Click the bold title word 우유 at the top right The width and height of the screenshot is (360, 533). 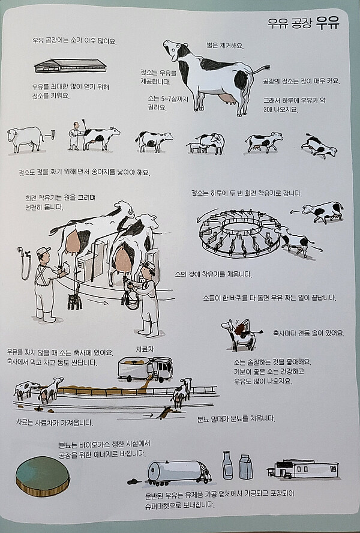[328, 23]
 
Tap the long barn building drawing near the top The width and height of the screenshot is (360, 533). [70, 66]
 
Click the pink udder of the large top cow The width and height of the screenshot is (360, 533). [226, 98]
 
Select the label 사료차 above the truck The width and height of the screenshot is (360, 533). [145, 349]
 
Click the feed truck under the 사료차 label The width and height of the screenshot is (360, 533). [145, 368]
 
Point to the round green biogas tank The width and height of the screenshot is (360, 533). [43, 476]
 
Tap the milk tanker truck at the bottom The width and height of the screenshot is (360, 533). [179, 472]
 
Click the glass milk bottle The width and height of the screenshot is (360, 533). [227, 465]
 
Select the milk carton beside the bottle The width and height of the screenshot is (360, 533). [246, 467]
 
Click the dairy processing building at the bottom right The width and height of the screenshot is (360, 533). [303, 469]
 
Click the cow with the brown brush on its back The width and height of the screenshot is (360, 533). [242, 335]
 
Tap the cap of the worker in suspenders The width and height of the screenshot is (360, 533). [43, 251]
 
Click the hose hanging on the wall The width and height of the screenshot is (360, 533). [25, 263]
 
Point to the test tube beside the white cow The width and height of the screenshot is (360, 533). [52, 135]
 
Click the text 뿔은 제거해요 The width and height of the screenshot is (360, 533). [225, 45]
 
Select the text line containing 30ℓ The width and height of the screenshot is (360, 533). [281, 110]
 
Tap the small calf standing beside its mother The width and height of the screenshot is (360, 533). [196, 147]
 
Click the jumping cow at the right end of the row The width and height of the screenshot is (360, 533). [319, 146]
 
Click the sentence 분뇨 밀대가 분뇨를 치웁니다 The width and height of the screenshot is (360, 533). [236, 418]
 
